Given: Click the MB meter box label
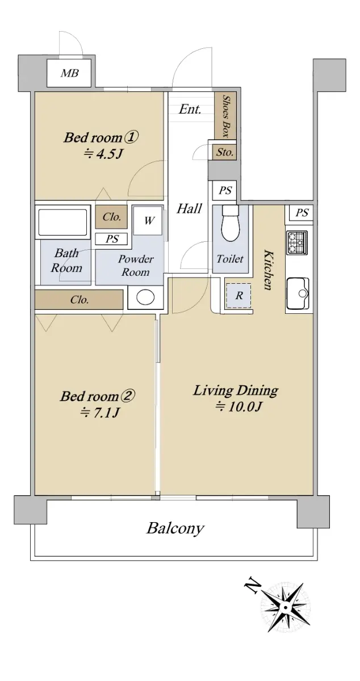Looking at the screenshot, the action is [70, 73].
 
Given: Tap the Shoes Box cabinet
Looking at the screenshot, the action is [225, 116].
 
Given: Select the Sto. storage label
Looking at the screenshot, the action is [225, 152].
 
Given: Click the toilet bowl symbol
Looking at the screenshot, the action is [231, 223].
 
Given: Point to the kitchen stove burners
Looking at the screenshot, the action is [296, 243].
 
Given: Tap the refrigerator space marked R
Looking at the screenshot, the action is [239, 295].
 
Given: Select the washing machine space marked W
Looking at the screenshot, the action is [148, 221].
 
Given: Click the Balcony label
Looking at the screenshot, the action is [175, 529].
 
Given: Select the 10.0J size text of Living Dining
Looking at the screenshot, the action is [239, 406].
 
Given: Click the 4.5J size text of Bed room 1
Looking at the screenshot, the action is [103, 154].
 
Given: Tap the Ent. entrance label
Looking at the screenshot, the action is [190, 109].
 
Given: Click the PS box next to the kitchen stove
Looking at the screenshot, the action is [302, 212].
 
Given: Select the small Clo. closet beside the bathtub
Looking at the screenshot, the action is [112, 217].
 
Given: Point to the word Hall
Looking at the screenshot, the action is [189, 209].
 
